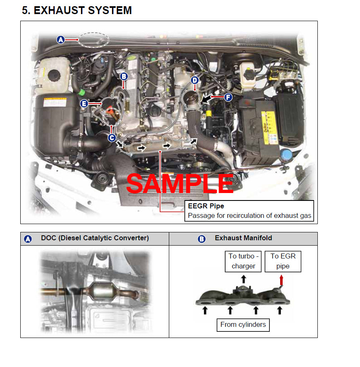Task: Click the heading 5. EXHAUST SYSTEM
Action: coord(77,10)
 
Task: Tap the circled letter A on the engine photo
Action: coord(61,40)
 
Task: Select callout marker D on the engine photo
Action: coord(195,80)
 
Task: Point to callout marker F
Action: coord(228,97)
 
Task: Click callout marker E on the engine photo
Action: coord(84,104)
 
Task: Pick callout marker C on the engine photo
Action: coord(112,138)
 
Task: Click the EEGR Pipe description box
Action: coord(249,211)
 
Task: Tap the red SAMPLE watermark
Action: coord(180,184)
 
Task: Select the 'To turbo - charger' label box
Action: coord(243,261)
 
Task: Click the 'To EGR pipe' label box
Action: coord(283,261)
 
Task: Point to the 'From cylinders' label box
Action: coord(243,324)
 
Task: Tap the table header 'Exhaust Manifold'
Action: coord(243,238)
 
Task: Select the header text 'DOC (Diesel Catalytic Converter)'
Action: coord(95,238)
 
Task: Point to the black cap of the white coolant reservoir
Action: coord(54,75)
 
